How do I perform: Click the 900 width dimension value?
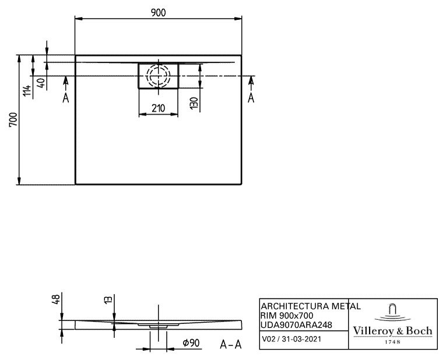coord(158,13)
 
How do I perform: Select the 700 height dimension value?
coord(13,119)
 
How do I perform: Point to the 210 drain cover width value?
coord(158,108)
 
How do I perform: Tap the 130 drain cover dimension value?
coord(194,104)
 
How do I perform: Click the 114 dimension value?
coord(27,90)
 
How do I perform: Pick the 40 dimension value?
coord(41,83)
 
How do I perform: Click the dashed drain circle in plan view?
coord(158,76)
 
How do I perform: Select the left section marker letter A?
coord(66,98)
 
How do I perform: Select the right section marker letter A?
coord(251,98)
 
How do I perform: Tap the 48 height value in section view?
coord(56,299)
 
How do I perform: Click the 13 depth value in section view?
coord(108,299)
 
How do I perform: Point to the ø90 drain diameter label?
coord(191,343)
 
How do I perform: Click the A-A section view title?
coord(231,345)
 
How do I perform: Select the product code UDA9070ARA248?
coord(296,325)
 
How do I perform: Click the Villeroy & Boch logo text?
coord(392,331)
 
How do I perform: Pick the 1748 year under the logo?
coord(392,342)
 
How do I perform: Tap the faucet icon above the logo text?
coord(392,312)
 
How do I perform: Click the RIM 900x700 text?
coord(287,315)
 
